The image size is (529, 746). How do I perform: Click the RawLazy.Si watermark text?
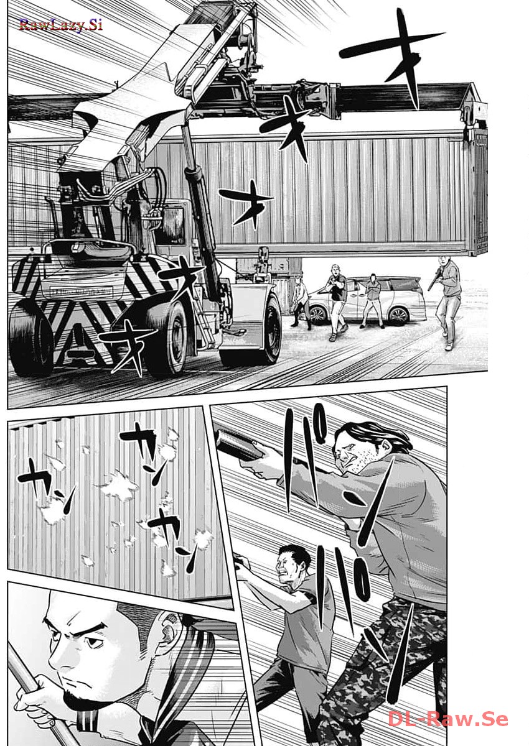click(x=60, y=25)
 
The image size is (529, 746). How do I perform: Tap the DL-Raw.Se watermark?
click(x=448, y=719)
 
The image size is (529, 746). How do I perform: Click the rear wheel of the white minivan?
click(x=398, y=315)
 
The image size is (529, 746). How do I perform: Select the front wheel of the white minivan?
click(x=318, y=314)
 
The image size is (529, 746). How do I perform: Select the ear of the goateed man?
click(x=167, y=628)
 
